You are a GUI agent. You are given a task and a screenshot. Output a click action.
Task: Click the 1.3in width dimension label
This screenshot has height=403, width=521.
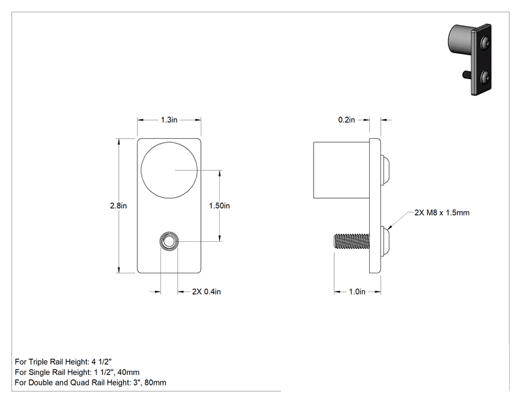click(x=169, y=120)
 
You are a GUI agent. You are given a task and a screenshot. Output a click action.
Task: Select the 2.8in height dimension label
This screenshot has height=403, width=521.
click(x=118, y=206)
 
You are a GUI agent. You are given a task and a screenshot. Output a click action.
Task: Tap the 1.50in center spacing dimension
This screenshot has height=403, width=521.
click(x=219, y=206)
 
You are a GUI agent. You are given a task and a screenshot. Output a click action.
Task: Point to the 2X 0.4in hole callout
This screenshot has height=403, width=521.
click(x=207, y=292)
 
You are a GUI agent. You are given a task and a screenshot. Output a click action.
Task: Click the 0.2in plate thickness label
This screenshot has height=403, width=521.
click(x=347, y=120)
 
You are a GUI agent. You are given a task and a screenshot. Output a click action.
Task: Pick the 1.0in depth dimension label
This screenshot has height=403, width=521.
click(x=357, y=292)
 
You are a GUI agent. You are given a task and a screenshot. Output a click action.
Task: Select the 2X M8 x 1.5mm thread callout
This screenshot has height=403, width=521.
click(x=442, y=212)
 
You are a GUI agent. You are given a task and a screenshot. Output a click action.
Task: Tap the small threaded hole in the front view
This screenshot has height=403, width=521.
click(x=169, y=241)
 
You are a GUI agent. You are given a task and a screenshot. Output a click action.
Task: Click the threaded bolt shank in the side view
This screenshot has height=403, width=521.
click(x=352, y=241)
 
